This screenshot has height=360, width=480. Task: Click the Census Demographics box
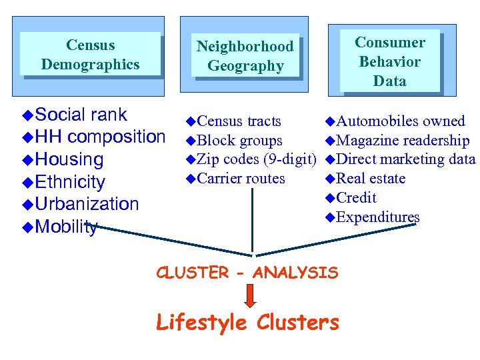click(x=90, y=55)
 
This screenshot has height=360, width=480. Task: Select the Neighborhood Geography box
click(x=245, y=56)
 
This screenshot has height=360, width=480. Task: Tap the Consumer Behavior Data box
click(x=390, y=61)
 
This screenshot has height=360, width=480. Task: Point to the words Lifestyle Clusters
click(x=247, y=323)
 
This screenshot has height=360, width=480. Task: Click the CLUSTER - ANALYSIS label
click(x=247, y=272)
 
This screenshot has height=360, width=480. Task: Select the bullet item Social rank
click(x=81, y=115)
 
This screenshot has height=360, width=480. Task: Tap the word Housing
click(x=69, y=160)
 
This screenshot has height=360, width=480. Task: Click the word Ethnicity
click(x=70, y=182)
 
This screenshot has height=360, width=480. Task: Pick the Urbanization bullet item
click(x=87, y=204)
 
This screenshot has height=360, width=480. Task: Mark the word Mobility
click(x=66, y=227)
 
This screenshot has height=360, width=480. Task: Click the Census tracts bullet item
click(x=239, y=121)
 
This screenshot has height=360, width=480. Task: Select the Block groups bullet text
click(x=240, y=141)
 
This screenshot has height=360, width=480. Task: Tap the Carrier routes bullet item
click(x=241, y=179)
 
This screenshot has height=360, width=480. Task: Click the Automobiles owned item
click(x=401, y=121)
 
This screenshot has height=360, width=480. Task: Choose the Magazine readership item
click(x=403, y=141)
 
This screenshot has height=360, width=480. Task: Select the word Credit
click(x=357, y=198)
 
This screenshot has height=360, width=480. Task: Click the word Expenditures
click(x=378, y=217)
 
